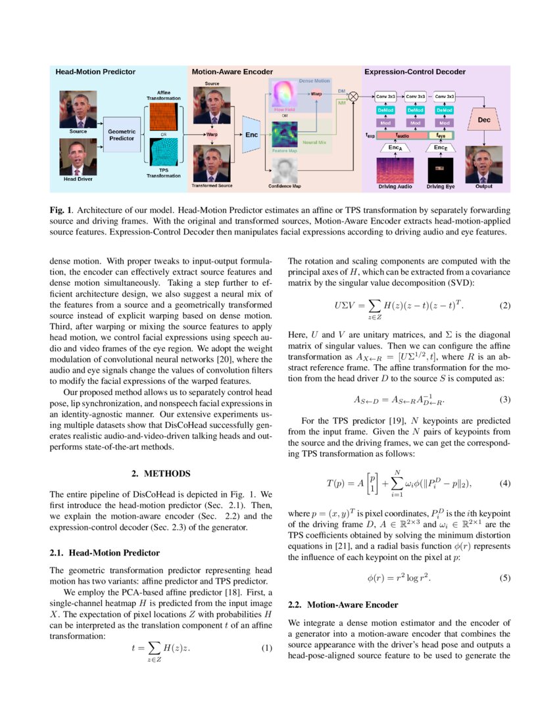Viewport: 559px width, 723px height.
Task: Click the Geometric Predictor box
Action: pos(122,135)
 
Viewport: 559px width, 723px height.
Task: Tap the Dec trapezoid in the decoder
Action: pos(484,120)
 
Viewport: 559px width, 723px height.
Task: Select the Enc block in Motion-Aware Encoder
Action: pos(252,134)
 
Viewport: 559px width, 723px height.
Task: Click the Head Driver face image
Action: pos(78,157)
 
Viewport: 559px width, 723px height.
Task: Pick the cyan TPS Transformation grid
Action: pos(164,156)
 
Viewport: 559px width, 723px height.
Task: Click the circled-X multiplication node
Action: pos(353,97)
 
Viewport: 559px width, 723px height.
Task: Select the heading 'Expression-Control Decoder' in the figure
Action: pos(415,72)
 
